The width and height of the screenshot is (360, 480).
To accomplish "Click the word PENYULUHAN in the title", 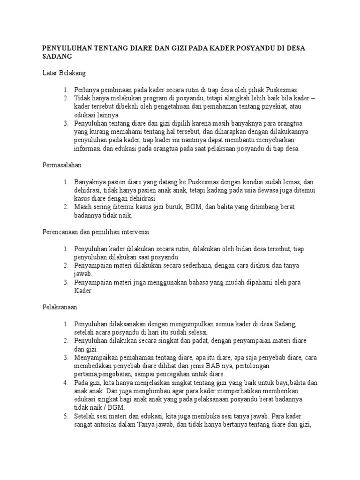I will [67, 48].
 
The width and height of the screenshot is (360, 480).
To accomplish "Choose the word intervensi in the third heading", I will [135, 232].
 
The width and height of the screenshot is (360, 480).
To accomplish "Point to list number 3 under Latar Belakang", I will [66, 123].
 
